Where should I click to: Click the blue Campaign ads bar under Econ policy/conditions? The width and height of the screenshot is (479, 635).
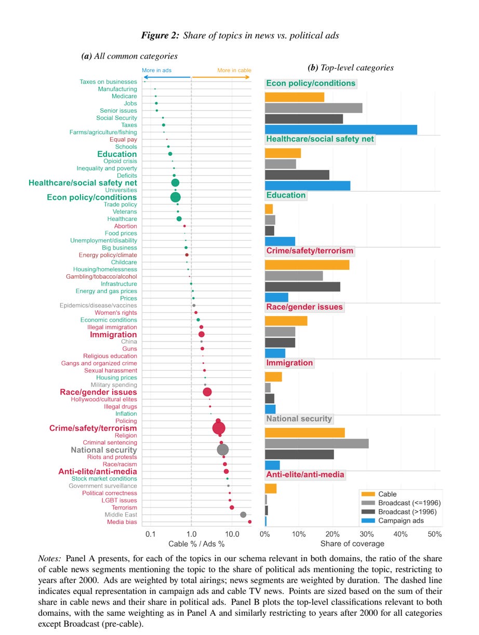pyautogui.click(x=341, y=130)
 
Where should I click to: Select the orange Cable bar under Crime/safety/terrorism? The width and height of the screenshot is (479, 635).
pyautogui.click(x=307, y=265)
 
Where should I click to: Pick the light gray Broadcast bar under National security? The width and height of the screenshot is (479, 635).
pyautogui.click(x=317, y=443)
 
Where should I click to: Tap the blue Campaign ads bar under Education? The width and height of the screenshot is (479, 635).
pyautogui.click(x=280, y=241)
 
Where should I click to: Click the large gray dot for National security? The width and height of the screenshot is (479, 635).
pyautogui.click(x=223, y=449)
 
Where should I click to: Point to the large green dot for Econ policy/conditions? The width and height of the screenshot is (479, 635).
pyautogui.click(x=175, y=197)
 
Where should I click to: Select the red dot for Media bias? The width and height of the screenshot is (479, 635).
pyautogui.click(x=249, y=522)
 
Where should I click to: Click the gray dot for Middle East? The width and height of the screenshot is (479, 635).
pyautogui.click(x=243, y=514)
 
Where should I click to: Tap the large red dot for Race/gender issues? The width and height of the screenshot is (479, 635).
pyautogui.click(x=207, y=392)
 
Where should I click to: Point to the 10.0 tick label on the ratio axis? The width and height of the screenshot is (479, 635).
pyautogui.click(x=232, y=534)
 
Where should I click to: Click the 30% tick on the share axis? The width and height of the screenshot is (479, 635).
pyautogui.click(x=366, y=534)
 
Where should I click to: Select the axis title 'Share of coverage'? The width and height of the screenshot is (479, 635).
pyautogui.click(x=352, y=544)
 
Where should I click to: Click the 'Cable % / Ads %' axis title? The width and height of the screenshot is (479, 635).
pyautogui.click(x=196, y=544)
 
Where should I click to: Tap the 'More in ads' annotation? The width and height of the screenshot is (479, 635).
pyautogui.click(x=156, y=70)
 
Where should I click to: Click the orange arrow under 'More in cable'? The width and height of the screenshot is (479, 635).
pyautogui.click(x=221, y=77)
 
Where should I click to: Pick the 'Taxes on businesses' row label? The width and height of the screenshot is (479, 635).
pyautogui.click(x=108, y=82)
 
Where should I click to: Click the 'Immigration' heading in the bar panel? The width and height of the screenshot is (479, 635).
pyautogui.click(x=289, y=363)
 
